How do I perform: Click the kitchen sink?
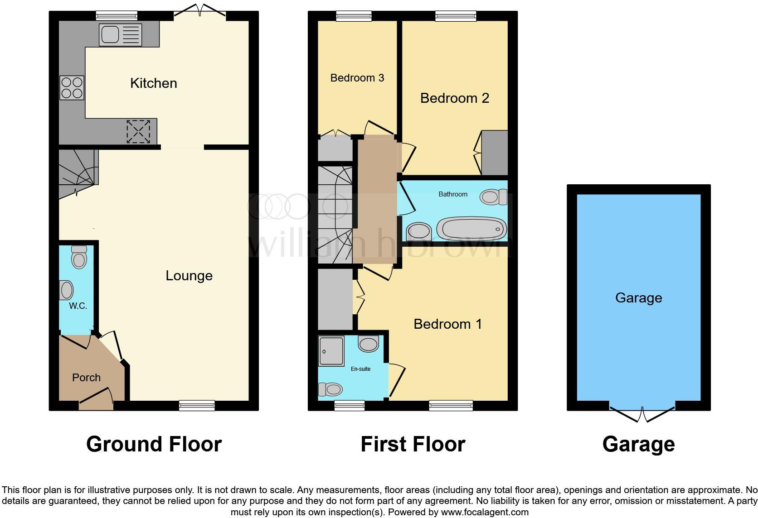(121, 34)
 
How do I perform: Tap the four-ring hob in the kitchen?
(72, 88)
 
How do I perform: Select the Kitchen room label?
(153, 83)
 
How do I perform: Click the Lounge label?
(189, 276)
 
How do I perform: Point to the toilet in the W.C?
(79, 258)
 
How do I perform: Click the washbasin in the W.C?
(67, 290)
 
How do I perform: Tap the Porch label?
(86, 378)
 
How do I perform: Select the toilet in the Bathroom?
(493, 197)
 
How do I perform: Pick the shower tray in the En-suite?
(331, 351)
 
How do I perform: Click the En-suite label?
(360, 369)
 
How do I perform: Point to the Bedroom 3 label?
(357, 78)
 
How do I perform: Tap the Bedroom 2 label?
(455, 98)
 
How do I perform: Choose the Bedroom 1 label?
(447, 324)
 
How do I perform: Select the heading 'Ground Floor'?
(154, 444)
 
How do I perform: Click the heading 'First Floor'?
(413, 444)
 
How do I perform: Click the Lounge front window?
(197, 405)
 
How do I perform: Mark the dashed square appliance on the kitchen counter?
(138, 131)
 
